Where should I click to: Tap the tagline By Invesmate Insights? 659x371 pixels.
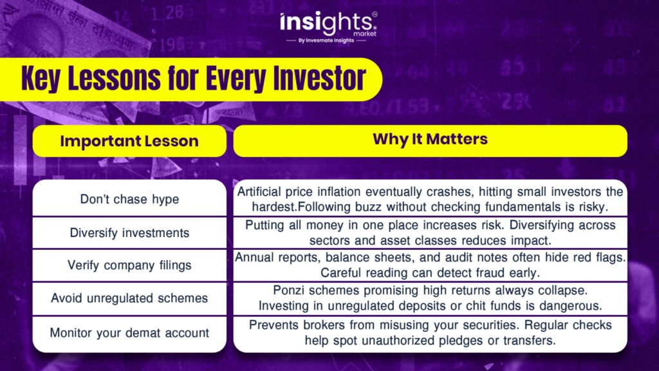pos(326,41)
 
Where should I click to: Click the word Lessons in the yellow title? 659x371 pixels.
pos(114,78)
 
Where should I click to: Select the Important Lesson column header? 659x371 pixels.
pos(129,141)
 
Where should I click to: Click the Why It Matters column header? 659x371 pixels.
pos(431,140)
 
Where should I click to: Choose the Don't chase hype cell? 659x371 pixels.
pos(129,198)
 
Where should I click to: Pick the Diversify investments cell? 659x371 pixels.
pos(129,233)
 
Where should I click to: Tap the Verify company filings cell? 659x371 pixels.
pos(129,265)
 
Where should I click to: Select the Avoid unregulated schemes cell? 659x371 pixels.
pos(129,298)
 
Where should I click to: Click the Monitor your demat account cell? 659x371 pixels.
pos(129,333)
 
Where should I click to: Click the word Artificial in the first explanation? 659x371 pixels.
pos(257,192)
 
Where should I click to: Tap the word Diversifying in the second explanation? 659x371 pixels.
pos(541,225)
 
